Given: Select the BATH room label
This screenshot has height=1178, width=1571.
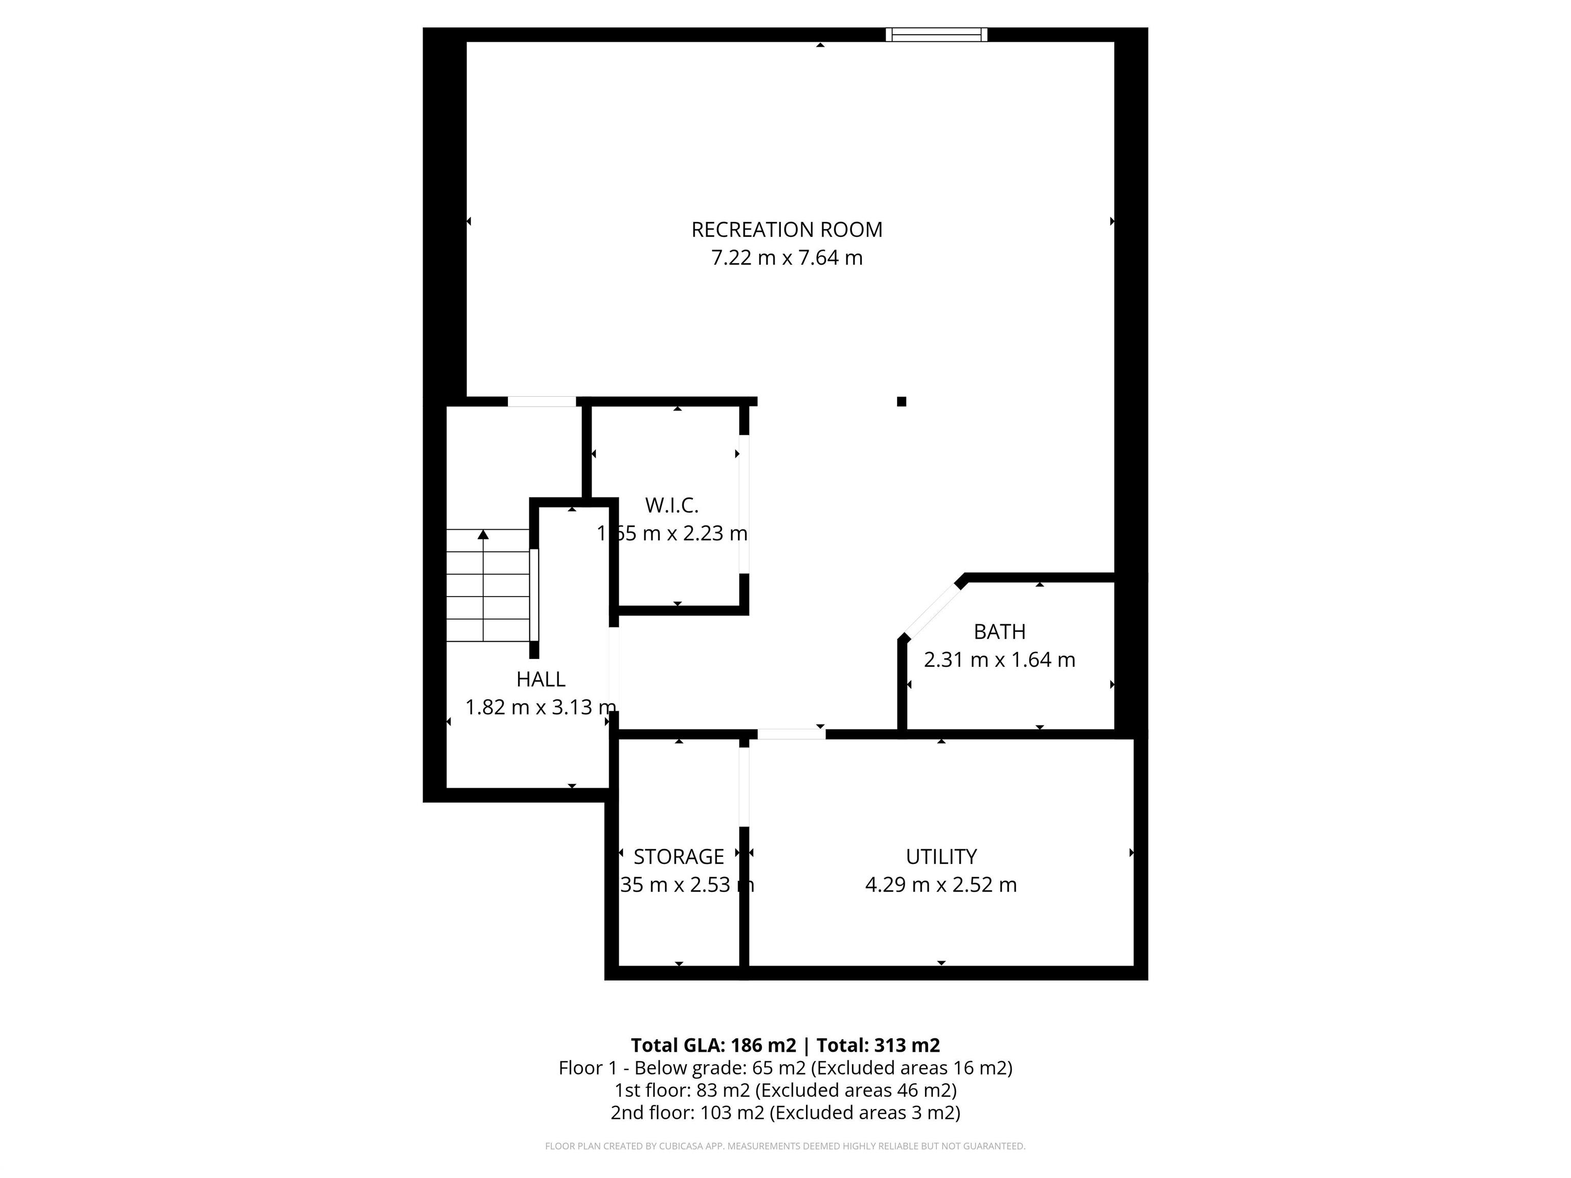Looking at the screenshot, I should (999, 632).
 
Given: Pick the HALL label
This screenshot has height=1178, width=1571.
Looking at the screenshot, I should (541, 679).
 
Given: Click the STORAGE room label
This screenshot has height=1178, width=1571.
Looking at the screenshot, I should (678, 857).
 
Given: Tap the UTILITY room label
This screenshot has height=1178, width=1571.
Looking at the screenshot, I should (941, 857).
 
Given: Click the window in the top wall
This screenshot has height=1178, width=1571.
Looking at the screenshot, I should (936, 35).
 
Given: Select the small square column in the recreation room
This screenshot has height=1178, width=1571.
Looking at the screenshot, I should (901, 402).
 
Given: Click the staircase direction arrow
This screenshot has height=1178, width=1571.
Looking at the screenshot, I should (483, 535).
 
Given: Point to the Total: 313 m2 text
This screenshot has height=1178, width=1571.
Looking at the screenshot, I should (879, 1045).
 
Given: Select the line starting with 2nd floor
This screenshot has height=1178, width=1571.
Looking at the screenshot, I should (785, 1113).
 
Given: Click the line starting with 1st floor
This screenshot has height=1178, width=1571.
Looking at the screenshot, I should (785, 1090).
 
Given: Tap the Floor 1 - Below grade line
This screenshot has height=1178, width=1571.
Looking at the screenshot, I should (785, 1068).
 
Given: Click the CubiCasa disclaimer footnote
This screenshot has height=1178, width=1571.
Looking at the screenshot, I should (785, 1146).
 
